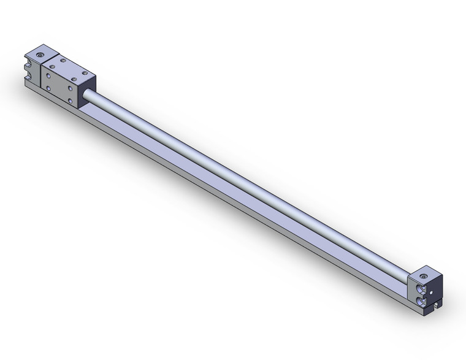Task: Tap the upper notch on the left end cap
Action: (28, 61)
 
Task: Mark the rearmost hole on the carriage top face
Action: (64, 60)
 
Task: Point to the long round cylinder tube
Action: (245, 178)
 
